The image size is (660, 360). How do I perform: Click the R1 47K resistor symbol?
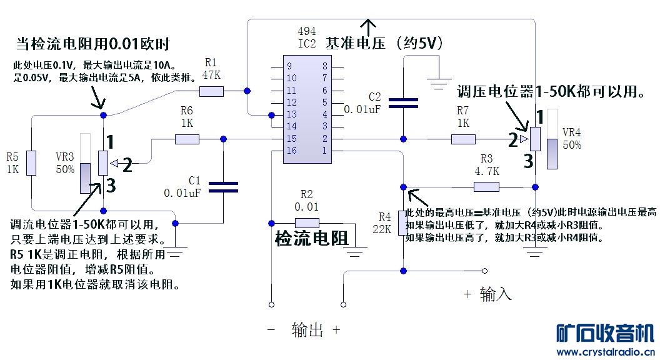point(211,92)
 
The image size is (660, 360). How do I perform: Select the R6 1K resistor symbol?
point(187,139)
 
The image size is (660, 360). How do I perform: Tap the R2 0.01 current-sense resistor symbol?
point(307,222)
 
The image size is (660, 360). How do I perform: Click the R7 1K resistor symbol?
point(463,139)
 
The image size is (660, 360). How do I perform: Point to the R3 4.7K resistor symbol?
point(486,186)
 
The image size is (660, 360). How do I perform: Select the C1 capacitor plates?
point(222,186)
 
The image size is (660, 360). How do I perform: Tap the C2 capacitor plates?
point(403,103)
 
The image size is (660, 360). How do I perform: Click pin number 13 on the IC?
point(291,114)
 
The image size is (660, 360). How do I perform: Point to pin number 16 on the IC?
point(291,151)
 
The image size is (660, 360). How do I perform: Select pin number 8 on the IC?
point(325,66)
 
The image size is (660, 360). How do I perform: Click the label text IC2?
point(306,44)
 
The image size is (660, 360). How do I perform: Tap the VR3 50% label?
point(65,163)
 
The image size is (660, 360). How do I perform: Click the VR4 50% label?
point(572,139)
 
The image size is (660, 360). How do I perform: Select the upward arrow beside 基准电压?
point(369,26)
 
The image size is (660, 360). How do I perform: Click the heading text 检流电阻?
point(311,238)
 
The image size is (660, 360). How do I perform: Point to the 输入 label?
point(495,294)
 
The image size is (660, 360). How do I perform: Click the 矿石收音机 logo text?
point(604,333)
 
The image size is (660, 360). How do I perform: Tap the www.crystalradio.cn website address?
point(604,352)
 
